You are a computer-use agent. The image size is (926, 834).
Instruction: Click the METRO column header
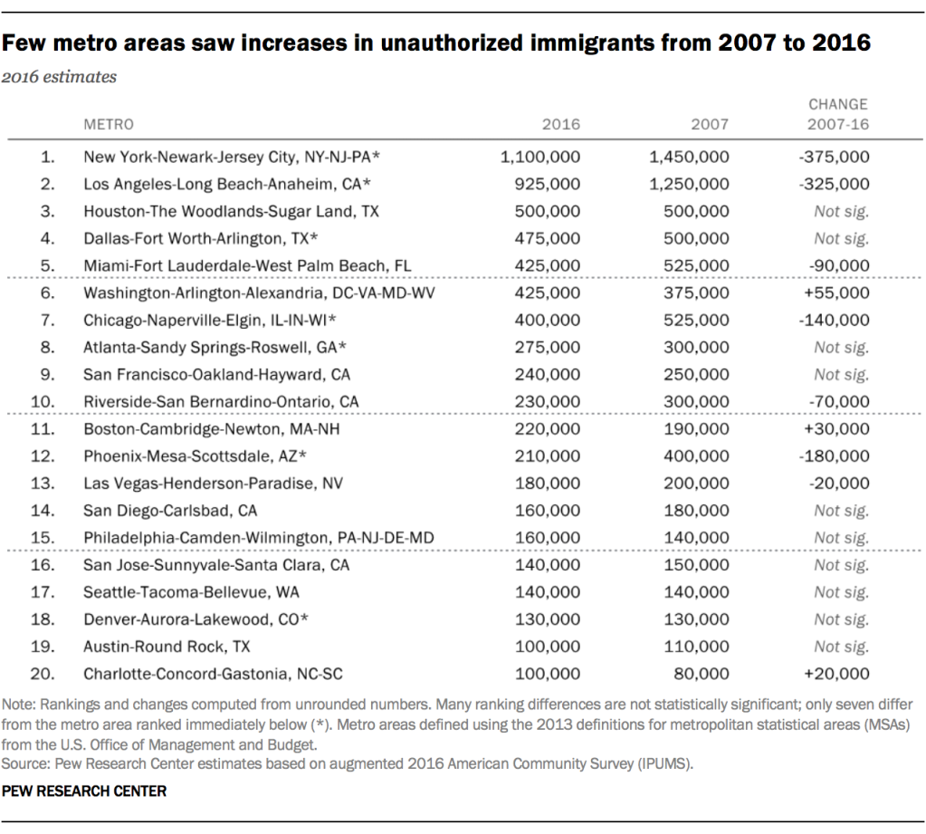[x=109, y=124]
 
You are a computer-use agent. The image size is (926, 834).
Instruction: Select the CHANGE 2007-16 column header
[x=838, y=114]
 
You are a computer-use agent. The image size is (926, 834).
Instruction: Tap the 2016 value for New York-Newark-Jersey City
[x=539, y=157]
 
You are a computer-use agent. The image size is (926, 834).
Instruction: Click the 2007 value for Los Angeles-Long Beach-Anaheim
[x=689, y=184]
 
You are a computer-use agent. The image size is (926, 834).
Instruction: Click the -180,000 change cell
[x=835, y=455]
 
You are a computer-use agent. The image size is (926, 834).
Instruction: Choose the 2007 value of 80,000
[x=702, y=674]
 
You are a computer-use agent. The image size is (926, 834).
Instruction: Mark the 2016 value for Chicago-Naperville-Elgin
[x=548, y=320]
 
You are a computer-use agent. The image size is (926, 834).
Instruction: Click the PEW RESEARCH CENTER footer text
[x=84, y=791]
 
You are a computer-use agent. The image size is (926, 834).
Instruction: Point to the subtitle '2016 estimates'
[x=59, y=77]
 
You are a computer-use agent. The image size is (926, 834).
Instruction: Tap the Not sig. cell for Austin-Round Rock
[x=841, y=647]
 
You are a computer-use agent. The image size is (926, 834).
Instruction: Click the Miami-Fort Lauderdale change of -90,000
[x=839, y=265]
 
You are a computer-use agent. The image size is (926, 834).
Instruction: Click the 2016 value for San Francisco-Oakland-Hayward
[x=548, y=374]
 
